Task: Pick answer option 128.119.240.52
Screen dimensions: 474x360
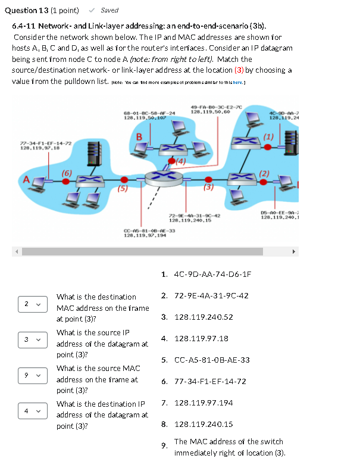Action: pos(204,317)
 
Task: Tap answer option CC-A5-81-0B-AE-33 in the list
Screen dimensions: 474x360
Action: pos(212,360)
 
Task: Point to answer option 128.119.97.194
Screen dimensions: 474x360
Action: pos(204,403)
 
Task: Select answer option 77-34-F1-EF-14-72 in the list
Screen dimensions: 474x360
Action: pos(210,382)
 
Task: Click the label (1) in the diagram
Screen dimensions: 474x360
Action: pos(268,136)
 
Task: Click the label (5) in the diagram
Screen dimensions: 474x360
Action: pos(122,189)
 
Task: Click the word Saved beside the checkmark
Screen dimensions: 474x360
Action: pos(109,10)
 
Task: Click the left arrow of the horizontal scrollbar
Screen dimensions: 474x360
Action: pos(17,252)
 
